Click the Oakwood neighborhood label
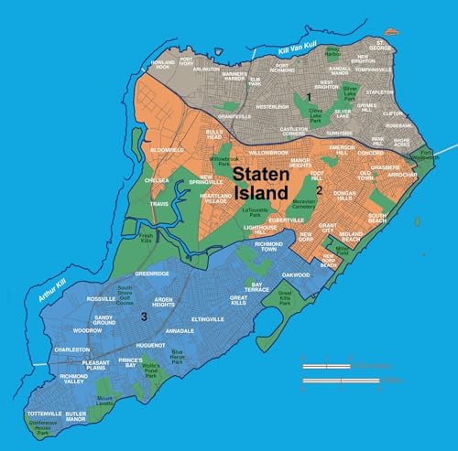point(296,274)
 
